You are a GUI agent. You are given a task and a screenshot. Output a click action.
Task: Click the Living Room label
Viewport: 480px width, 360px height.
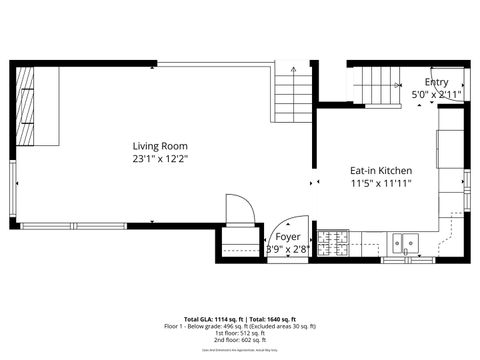point(160,146)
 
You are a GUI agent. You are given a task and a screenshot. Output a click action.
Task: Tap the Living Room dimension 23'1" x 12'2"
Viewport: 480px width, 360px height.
point(160,158)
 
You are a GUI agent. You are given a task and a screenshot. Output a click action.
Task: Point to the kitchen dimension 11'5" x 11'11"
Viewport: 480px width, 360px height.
point(381,183)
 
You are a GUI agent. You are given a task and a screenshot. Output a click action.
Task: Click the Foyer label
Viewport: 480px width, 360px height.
point(287,237)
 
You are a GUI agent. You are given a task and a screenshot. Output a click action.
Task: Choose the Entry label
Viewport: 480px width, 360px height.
point(436,83)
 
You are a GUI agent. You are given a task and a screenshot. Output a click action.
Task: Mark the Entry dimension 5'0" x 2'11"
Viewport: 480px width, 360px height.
point(436,95)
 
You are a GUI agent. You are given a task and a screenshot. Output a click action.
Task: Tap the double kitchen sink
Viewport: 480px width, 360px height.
point(406,241)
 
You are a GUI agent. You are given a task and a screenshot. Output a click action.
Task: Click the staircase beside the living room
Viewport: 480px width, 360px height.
point(291,99)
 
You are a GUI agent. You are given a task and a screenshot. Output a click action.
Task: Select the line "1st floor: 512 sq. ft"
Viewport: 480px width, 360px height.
point(240,333)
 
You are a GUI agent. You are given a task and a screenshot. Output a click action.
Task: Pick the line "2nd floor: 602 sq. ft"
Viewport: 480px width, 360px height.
point(240,340)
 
